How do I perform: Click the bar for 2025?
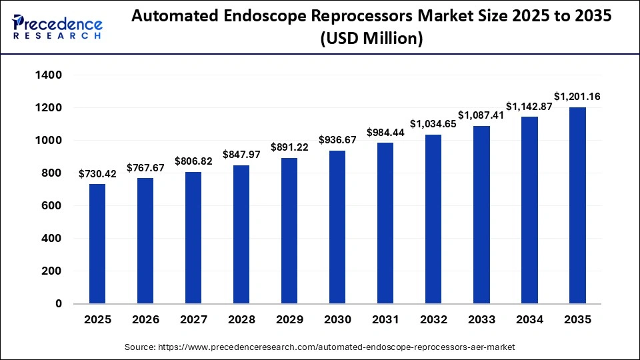click(x=97, y=244)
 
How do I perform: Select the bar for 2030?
click(x=337, y=227)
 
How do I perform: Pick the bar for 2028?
click(x=241, y=235)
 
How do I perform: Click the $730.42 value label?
click(x=97, y=174)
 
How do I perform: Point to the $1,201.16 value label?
click(x=577, y=97)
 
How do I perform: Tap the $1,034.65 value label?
click(x=433, y=124)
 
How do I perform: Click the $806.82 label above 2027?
click(x=193, y=161)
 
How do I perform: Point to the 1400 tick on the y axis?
click(x=49, y=75)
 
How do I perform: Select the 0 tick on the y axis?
click(x=59, y=304)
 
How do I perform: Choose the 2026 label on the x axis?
click(x=145, y=320)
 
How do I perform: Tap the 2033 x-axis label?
click(x=481, y=320)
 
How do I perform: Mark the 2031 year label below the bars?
click(x=385, y=320)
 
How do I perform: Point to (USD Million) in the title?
click(x=371, y=39)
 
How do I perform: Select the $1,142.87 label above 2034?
click(x=529, y=107)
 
